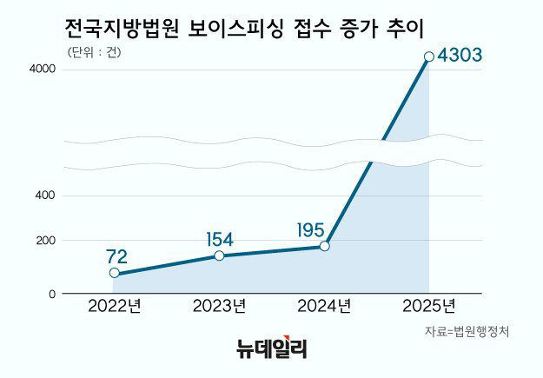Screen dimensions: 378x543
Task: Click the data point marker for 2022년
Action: tap(115, 273)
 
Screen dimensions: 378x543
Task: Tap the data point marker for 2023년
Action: tap(220, 255)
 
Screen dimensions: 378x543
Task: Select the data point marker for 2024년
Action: tap(325, 246)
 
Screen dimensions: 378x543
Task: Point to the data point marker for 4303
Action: tap(428, 57)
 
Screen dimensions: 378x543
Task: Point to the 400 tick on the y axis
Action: tap(47, 196)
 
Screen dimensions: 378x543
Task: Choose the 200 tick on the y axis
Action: tap(47, 240)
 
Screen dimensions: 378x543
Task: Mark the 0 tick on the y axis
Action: tap(52, 294)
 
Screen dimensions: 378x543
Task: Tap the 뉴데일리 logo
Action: tap(272, 349)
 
